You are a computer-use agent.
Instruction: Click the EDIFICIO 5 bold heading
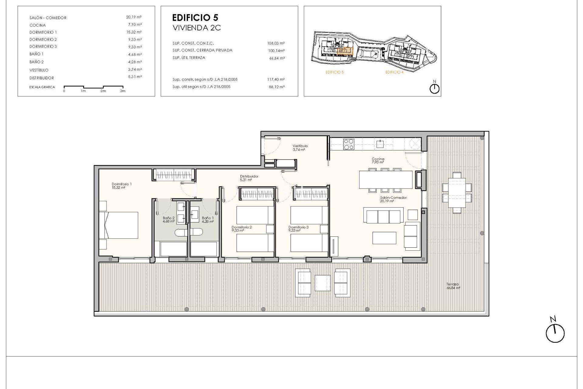195,18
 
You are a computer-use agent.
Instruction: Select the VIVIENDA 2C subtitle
196,28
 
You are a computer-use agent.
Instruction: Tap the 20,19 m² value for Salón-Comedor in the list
134,17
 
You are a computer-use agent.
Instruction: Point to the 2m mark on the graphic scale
103,91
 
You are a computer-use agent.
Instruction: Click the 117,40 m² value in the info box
276,80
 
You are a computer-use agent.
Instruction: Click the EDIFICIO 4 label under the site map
394,72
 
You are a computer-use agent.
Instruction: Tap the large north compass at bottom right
555,333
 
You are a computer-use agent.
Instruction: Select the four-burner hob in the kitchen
348,144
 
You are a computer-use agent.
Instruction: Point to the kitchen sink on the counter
380,144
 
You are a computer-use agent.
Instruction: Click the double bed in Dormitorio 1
121,225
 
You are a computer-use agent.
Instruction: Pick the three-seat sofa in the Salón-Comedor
384,215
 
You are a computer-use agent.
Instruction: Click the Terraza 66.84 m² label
453,286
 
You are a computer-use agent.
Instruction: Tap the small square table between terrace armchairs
322,283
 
